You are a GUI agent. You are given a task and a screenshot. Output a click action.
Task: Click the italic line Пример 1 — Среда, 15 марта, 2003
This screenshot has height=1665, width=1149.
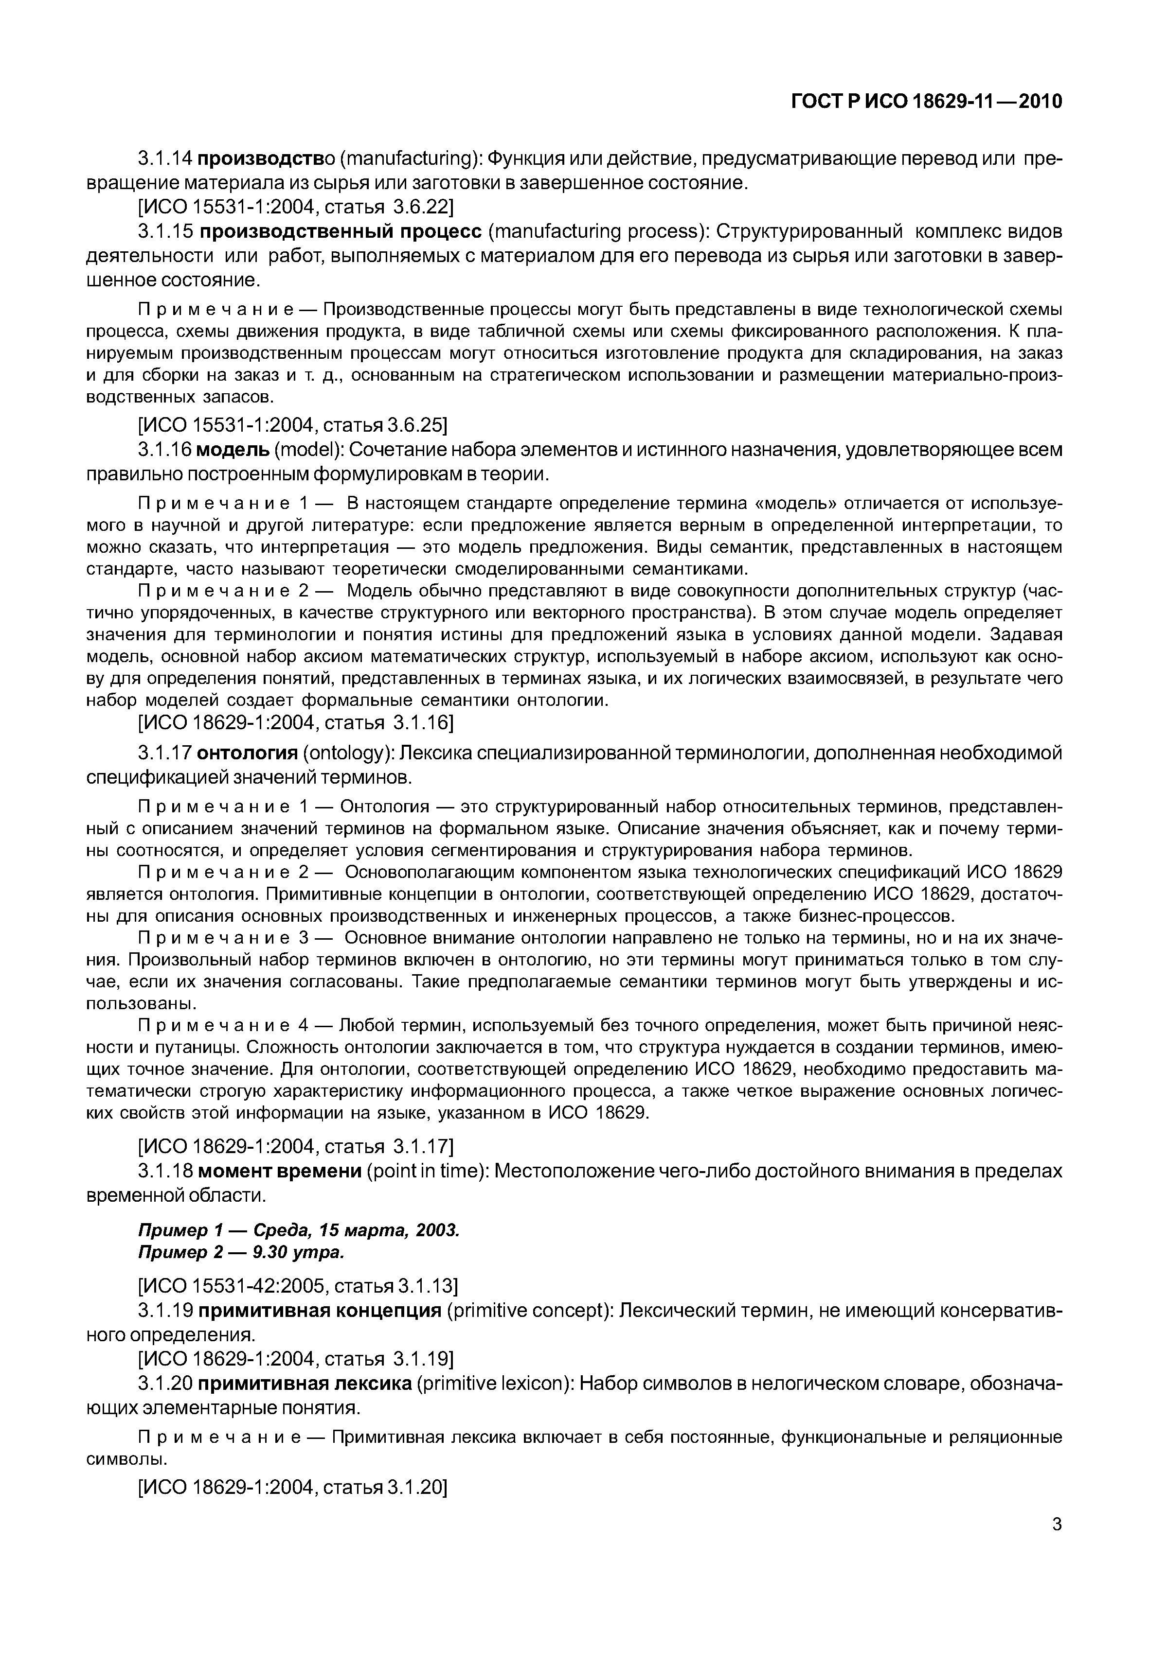coord(299,1230)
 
